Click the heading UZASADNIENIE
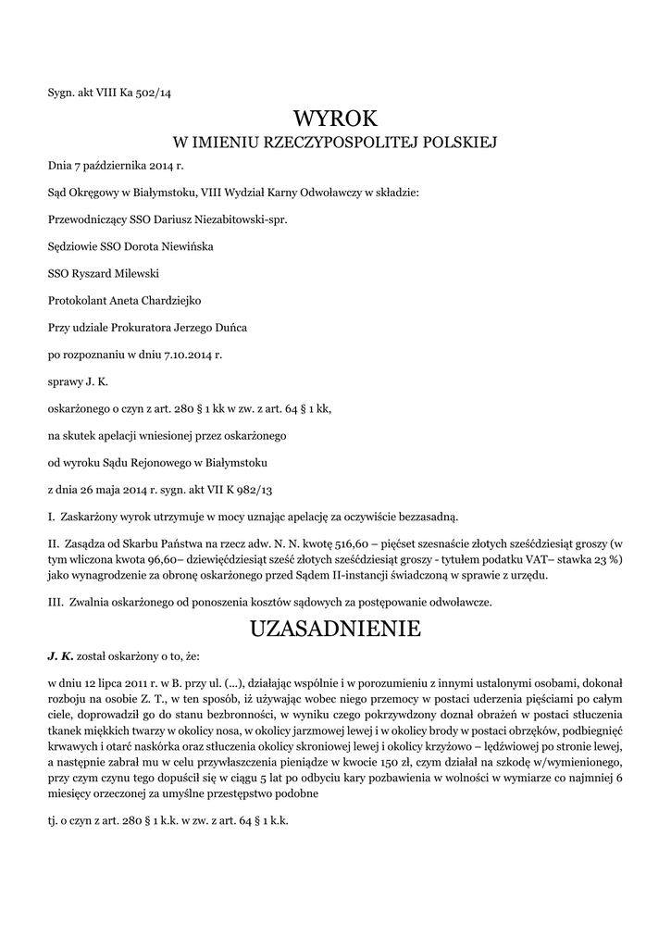coord(335,629)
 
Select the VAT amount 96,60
coord(168,562)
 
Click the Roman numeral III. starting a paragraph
coord(54,602)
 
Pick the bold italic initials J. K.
coord(59,655)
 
